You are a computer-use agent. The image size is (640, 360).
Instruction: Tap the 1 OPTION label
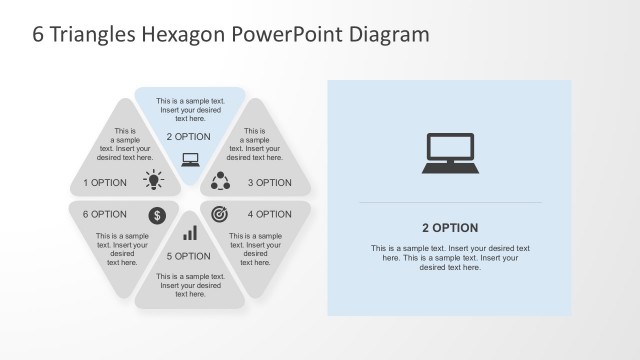click(x=105, y=183)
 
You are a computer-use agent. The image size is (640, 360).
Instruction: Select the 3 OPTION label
click(x=270, y=183)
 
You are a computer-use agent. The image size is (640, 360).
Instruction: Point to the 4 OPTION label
click(x=270, y=214)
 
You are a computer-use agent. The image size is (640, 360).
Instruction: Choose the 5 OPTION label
click(x=188, y=256)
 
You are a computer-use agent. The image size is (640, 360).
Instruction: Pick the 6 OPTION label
click(x=105, y=214)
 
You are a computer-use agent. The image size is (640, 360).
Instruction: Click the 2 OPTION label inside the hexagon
click(x=188, y=136)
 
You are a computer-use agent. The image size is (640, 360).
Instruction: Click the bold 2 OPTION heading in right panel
click(x=450, y=228)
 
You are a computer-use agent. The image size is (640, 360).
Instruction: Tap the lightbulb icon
click(x=153, y=180)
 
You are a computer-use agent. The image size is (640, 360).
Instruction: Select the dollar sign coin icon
click(x=157, y=214)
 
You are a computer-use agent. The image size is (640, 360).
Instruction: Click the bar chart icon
click(x=190, y=233)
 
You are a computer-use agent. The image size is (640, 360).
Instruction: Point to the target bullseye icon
click(x=220, y=213)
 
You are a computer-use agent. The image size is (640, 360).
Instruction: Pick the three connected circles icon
click(x=222, y=181)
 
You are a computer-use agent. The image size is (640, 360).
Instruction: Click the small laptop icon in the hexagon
click(x=190, y=158)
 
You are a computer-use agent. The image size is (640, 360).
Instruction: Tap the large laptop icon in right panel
click(x=450, y=152)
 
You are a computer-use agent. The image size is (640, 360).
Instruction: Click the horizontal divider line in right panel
click(x=450, y=203)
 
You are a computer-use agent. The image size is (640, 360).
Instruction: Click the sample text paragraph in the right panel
click(x=450, y=258)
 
